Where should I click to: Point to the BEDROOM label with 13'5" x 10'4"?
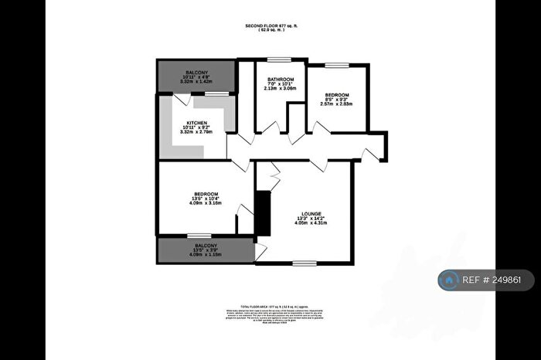tap(205, 193)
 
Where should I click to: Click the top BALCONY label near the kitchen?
tap(195, 72)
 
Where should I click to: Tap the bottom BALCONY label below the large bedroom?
tap(205, 247)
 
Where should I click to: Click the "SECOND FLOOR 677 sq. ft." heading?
tap(270, 26)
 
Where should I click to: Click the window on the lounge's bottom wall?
tap(303, 263)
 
